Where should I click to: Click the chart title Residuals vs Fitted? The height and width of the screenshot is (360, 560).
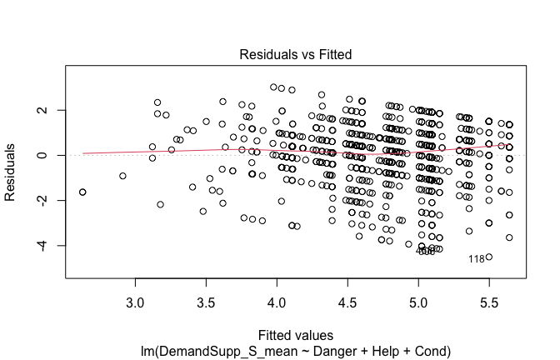(x=295, y=54)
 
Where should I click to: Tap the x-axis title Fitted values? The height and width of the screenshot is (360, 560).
(x=295, y=336)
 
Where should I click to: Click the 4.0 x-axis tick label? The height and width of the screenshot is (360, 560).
(x=277, y=300)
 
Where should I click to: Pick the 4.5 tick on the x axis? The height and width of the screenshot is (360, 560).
(x=347, y=300)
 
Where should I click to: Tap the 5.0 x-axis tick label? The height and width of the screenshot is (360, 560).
(x=418, y=300)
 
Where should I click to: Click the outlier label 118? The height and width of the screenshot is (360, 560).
(x=476, y=259)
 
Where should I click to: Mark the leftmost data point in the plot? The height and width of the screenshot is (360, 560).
(x=82, y=192)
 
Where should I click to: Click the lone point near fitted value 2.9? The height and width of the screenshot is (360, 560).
(x=122, y=176)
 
